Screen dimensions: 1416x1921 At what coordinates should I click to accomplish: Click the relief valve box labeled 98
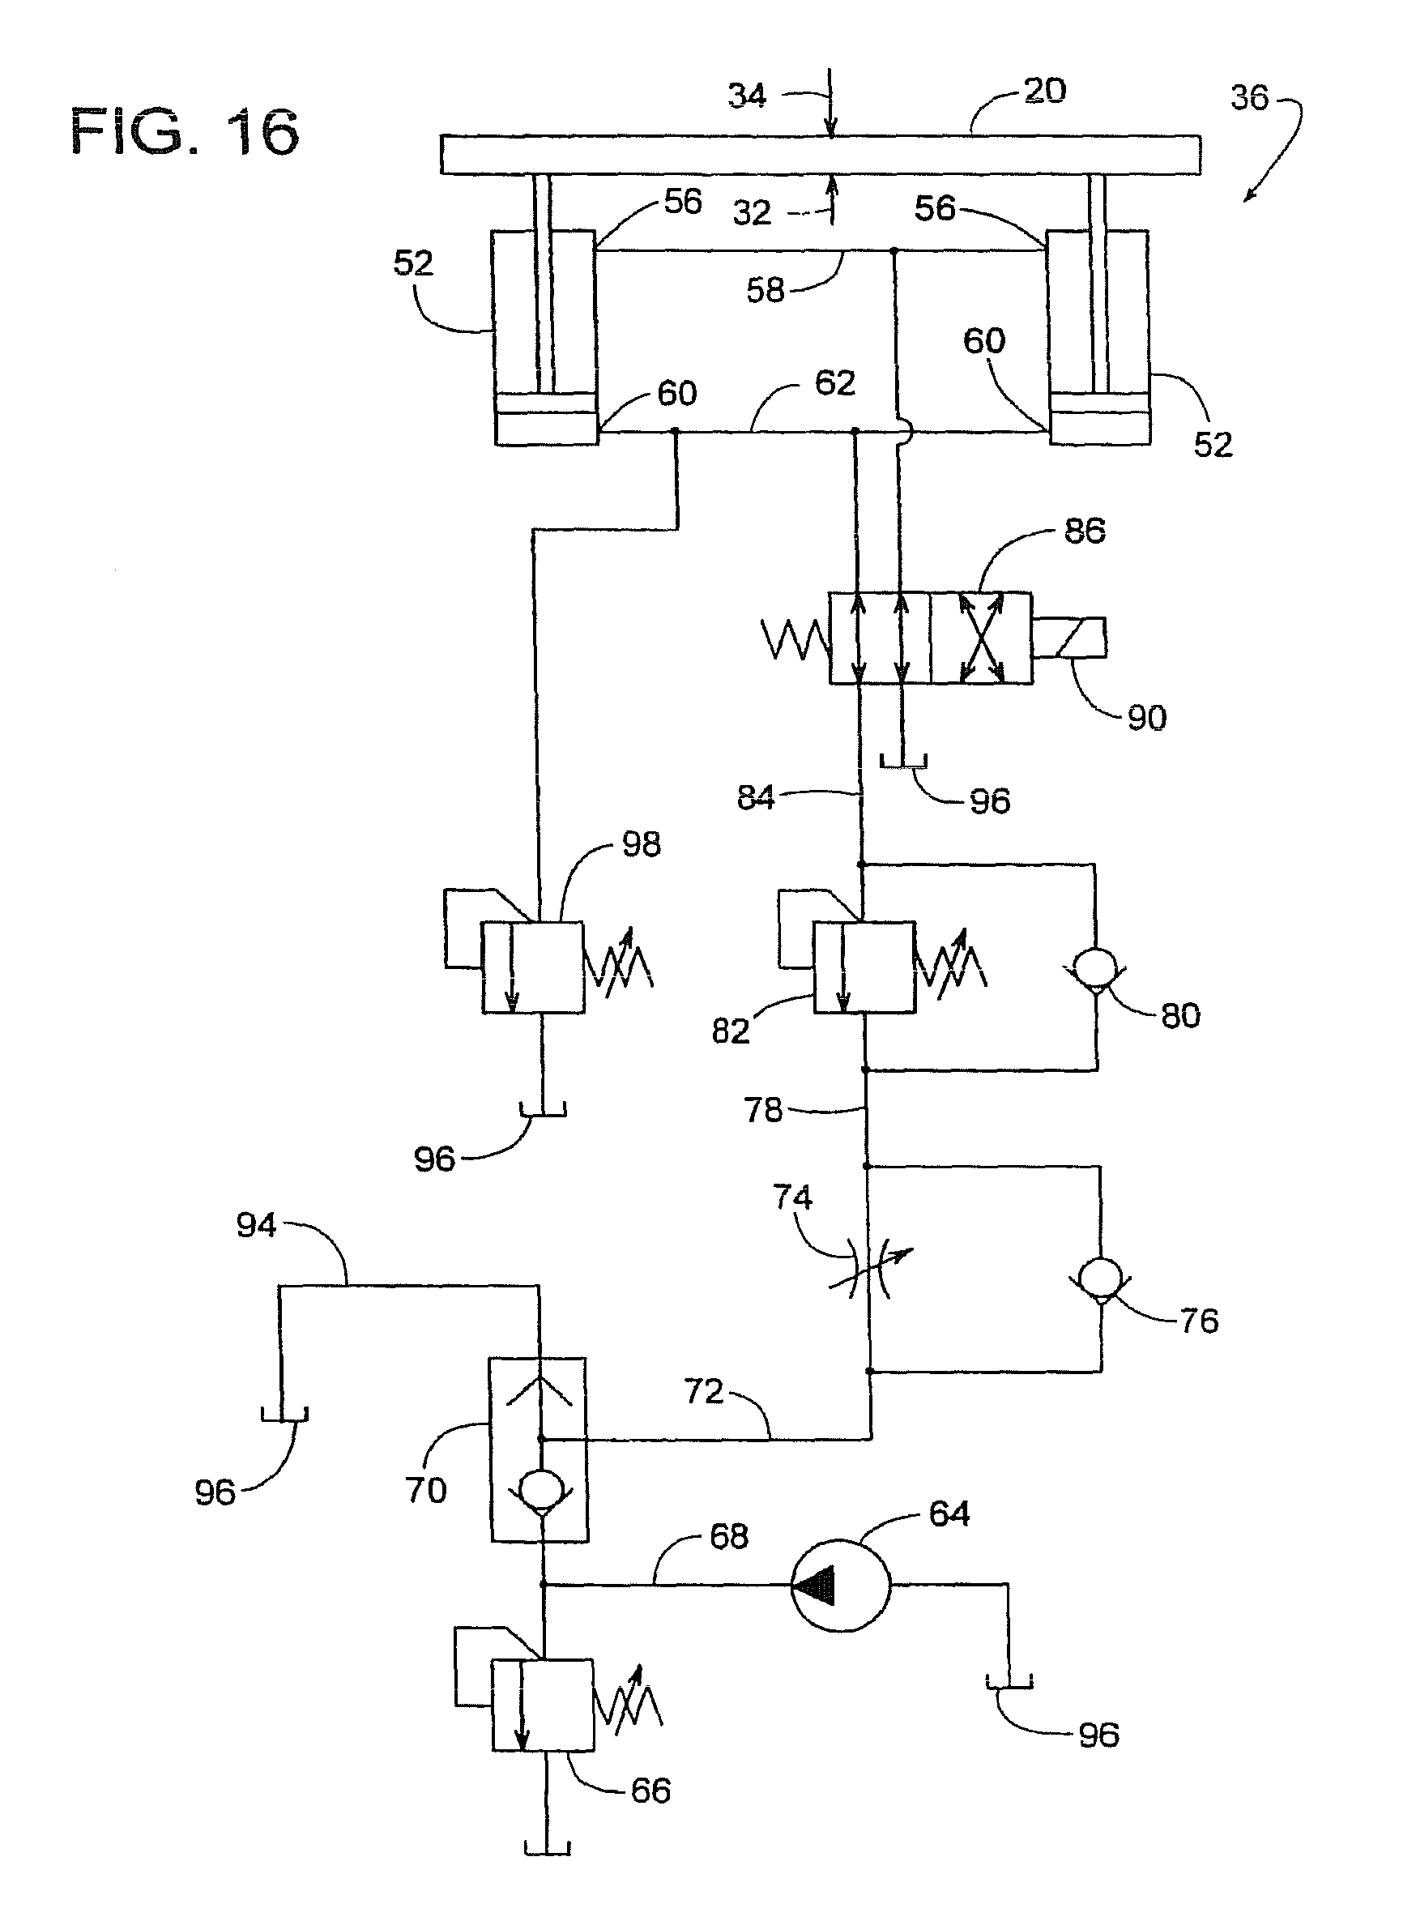(532, 967)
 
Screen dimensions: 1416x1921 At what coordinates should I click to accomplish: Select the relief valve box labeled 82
(864, 967)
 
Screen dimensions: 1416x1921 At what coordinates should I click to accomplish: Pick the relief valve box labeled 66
(543, 1705)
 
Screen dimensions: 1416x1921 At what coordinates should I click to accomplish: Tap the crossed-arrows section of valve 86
(982, 638)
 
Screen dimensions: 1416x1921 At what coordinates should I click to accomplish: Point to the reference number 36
(1249, 97)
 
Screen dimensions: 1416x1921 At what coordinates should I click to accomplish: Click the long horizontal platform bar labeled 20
(821, 154)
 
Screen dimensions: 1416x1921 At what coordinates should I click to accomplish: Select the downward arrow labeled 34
(830, 102)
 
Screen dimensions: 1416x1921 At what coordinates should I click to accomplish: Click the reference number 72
(704, 1391)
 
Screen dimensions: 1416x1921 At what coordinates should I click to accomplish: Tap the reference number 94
(256, 1225)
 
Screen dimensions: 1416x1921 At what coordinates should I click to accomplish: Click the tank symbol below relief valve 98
(544, 1111)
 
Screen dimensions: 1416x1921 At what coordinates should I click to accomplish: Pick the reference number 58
(766, 291)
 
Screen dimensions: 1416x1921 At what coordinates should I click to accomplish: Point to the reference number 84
(756, 797)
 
